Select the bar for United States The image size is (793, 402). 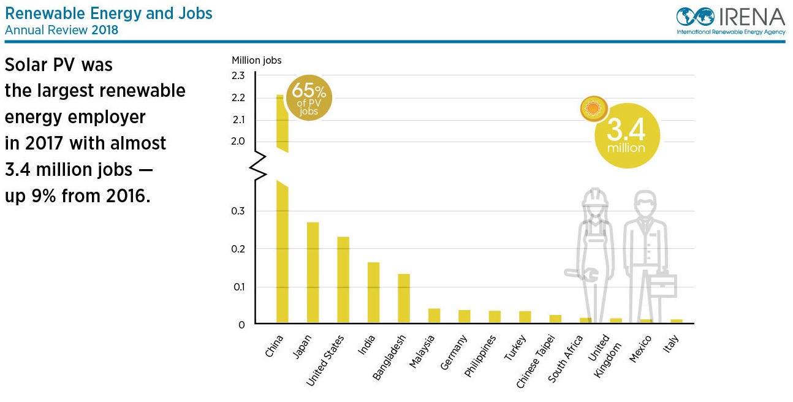coord(343,279)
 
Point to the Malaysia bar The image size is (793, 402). coord(434,316)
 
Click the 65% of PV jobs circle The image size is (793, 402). coord(309,98)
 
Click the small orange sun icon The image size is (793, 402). coord(593,109)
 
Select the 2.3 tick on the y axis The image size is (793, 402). coord(238,76)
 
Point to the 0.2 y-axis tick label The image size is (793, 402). coord(238,249)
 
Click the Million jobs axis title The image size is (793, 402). coord(257,60)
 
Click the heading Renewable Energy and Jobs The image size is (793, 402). coord(108,13)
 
